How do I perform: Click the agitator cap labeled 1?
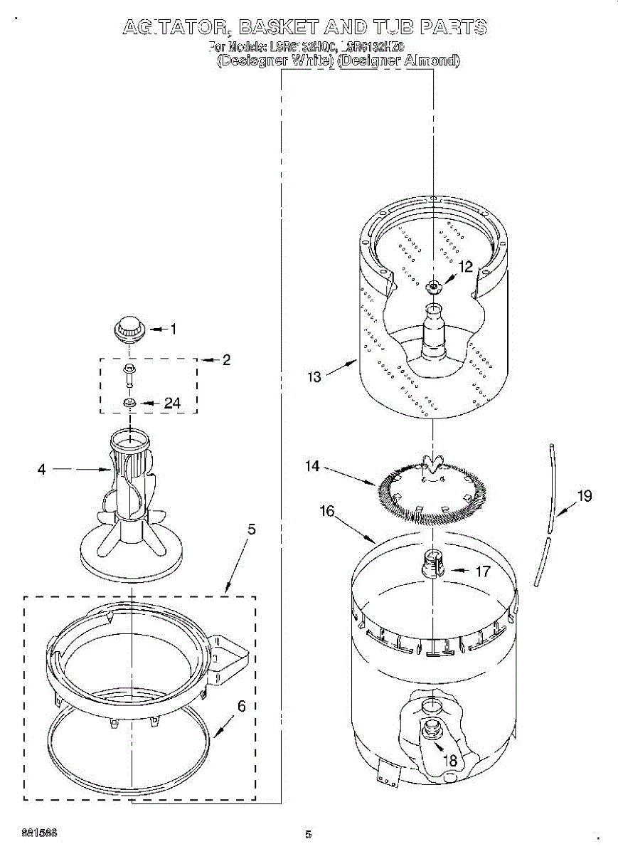click(129, 330)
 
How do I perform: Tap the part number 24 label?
click(172, 404)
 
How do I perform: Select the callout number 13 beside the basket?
click(314, 377)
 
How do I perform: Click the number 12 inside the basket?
click(465, 267)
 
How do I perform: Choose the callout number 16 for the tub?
click(327, 511)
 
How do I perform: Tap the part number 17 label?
click(482, 571)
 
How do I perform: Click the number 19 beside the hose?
click(584, 496)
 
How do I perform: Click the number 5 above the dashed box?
click(251, 529)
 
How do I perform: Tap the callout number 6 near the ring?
click(241, 706)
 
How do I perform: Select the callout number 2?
click(226, 360)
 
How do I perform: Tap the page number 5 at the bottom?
click(308, 834)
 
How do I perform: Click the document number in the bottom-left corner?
click(39, 832)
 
